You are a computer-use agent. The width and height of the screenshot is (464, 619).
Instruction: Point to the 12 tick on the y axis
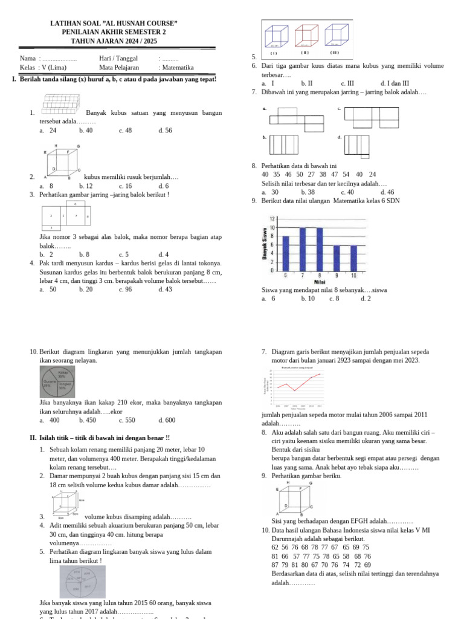click(272, 219)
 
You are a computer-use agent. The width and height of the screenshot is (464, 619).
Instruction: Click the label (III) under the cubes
click(334, 53)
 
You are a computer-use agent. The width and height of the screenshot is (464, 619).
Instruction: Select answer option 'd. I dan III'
click(395, 83)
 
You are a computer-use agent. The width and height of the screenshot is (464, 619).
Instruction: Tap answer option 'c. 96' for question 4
click(125, 290)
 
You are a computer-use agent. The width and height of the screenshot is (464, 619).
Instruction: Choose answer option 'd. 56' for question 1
click(165, 131)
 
